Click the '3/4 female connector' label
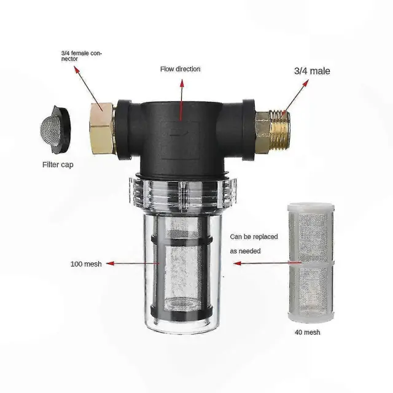(x=82, y=56)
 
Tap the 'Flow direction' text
(x=180, y=69)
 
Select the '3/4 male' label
(x=312, y=71)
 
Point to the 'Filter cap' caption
(x=58, y=165)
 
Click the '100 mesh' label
(x=86, y=264)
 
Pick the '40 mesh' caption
(x=308, y=332)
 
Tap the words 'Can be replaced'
(x=254, y=237)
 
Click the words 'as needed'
(x=246, y=251)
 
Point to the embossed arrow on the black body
(x=179, y=132)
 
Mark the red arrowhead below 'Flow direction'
(x=182, y=84)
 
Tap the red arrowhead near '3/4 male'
(x=305, y=84)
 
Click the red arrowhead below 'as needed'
(x=238, y=263)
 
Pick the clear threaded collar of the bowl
(x=183, y=193)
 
